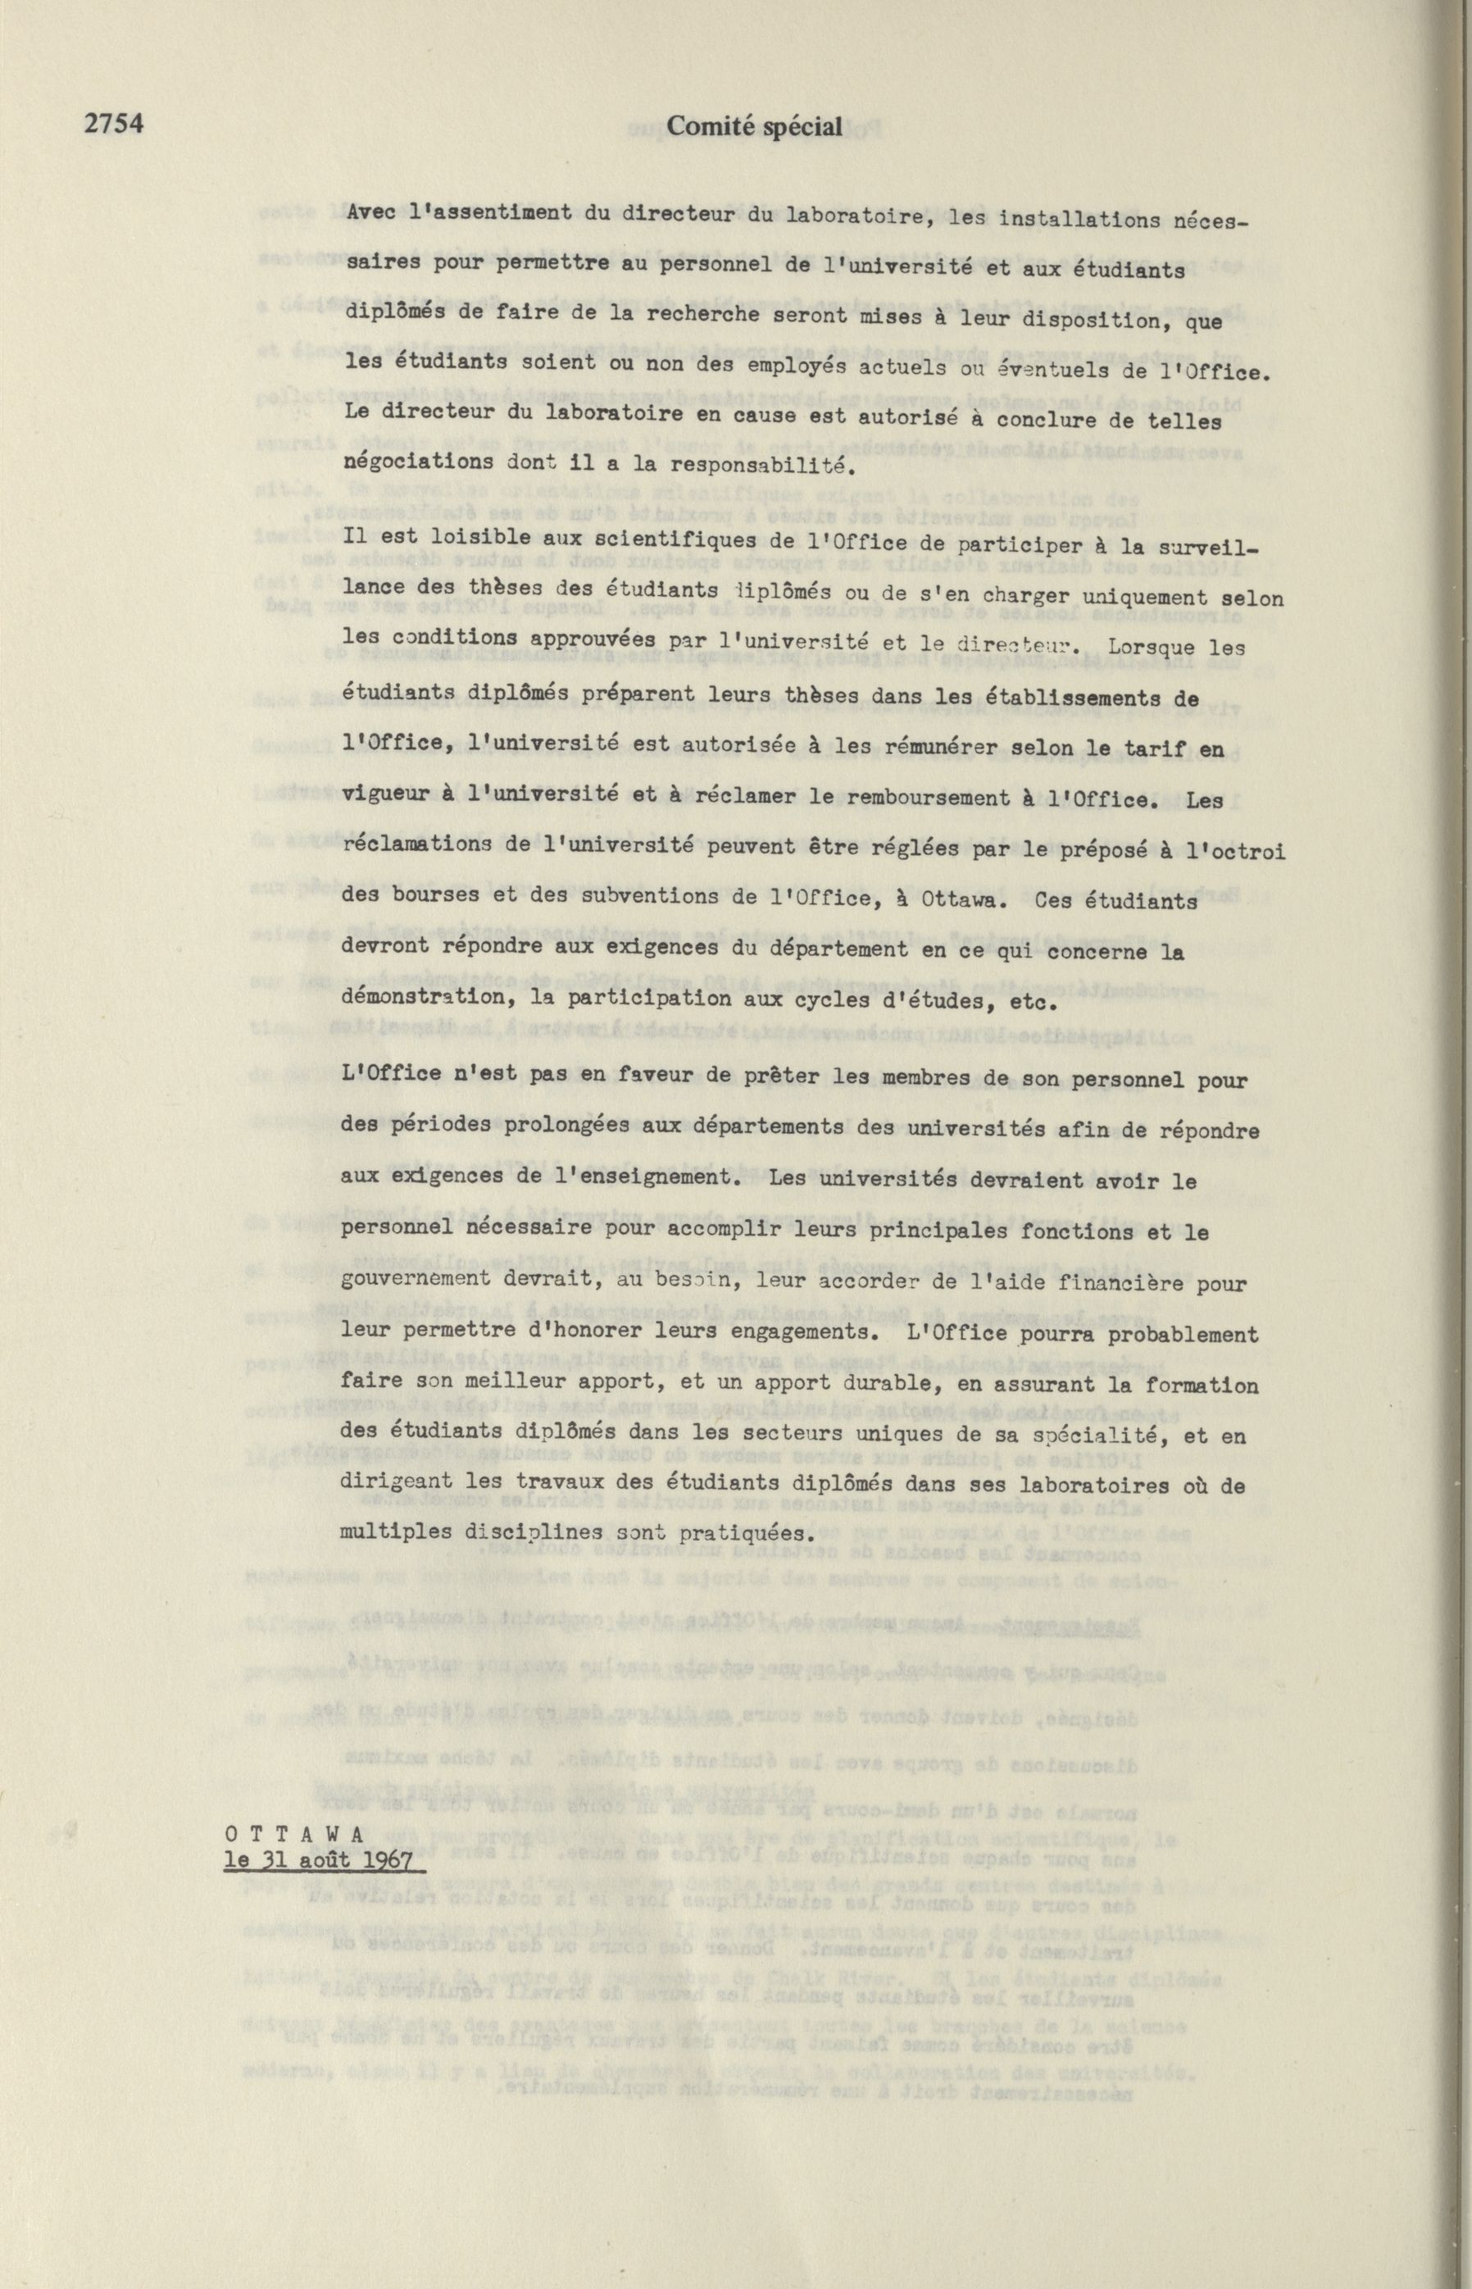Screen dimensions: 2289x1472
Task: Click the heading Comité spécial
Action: coord(754,125)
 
